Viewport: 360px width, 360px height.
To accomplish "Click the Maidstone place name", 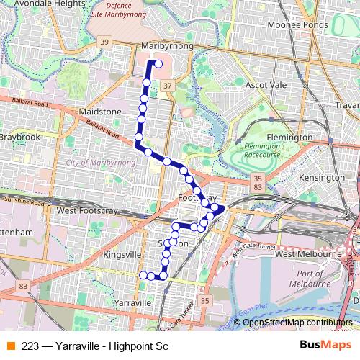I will click(100, 112).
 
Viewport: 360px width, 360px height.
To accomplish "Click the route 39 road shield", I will click(105, 42).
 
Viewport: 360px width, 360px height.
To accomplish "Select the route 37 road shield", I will click(168, 86).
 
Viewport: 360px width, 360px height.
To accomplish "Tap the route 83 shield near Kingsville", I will click(24, 286).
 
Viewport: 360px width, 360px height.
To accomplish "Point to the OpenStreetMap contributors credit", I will click(297, 323).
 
